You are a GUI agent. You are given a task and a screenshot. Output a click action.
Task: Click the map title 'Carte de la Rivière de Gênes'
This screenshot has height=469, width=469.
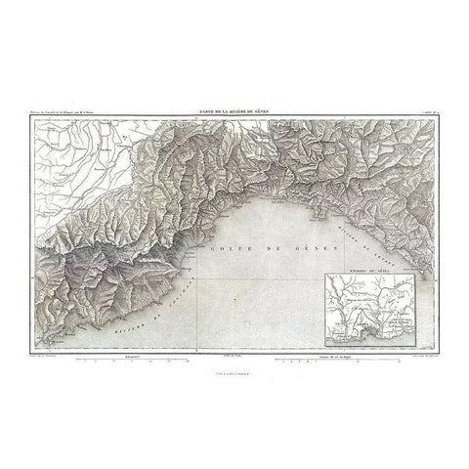pos(234,115)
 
